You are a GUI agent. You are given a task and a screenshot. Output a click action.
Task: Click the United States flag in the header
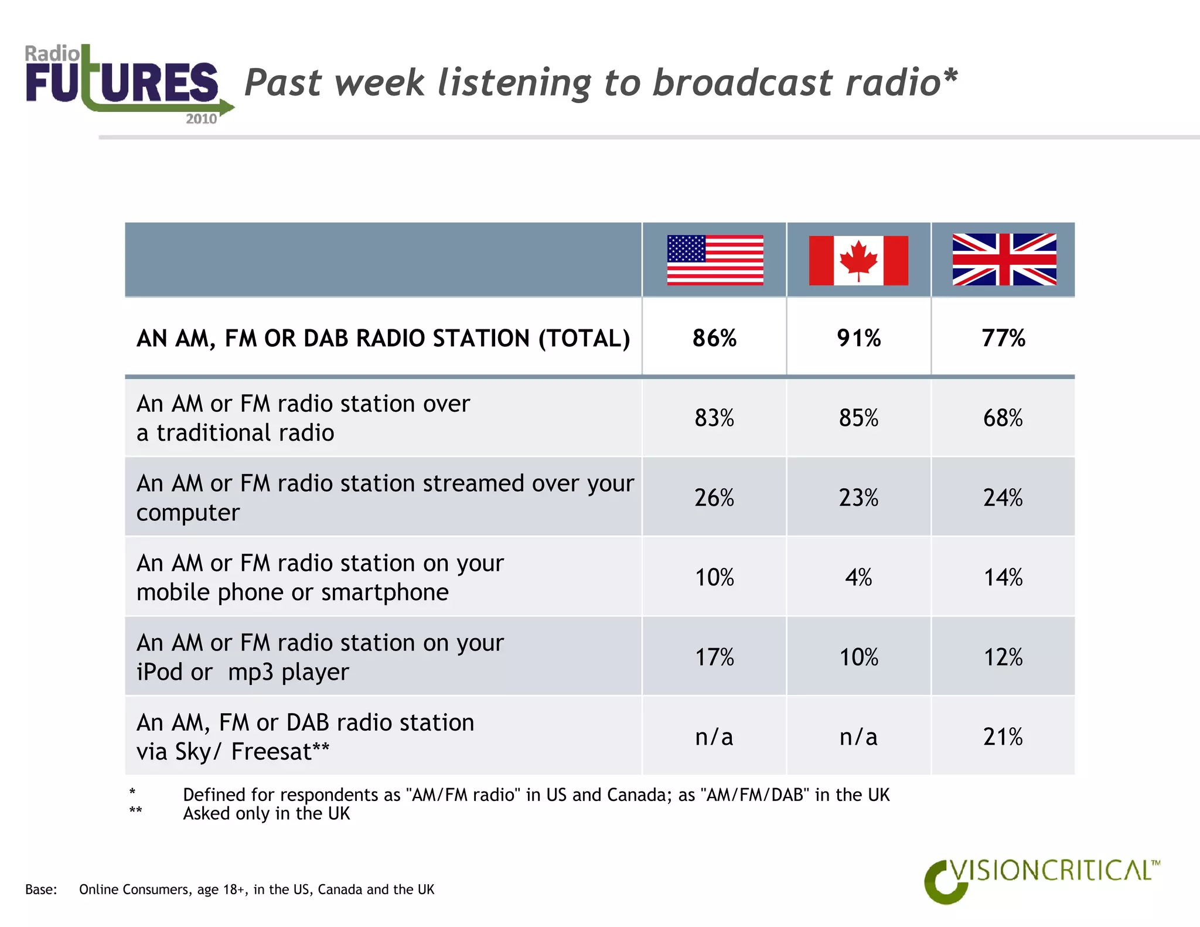(x=715, y=260)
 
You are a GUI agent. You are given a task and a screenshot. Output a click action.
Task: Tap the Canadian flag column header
(x=858, y=260)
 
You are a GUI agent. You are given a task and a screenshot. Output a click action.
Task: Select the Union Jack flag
(x=1004, y=260)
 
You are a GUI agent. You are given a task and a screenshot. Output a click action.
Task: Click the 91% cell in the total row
(x=858, y=338)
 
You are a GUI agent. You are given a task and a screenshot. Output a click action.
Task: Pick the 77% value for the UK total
(x=1003, y=338)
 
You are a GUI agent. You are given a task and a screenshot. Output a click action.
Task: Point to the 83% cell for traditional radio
(x=714, y=418)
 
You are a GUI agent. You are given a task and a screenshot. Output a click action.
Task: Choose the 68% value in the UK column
(x=1003, y=418)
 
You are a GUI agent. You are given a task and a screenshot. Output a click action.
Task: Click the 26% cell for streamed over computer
(x=714, y=497)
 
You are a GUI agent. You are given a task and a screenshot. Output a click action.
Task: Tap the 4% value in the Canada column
(x=858, y=577)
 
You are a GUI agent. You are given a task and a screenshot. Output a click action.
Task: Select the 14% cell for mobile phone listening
(x=1003, y=577)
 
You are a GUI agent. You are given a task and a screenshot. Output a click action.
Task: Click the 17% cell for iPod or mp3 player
(x=714, y=657)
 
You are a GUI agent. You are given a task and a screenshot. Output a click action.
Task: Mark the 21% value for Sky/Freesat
(x=1003, y=737)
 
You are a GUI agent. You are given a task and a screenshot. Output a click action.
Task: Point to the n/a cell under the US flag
(x=714, y=737)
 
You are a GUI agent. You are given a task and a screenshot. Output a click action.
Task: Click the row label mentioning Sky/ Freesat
(x=305, y=737)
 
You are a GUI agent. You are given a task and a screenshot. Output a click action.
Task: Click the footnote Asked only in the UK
(x=267, y=814)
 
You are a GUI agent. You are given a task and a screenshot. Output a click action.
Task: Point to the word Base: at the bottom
(x=41, y=889)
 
